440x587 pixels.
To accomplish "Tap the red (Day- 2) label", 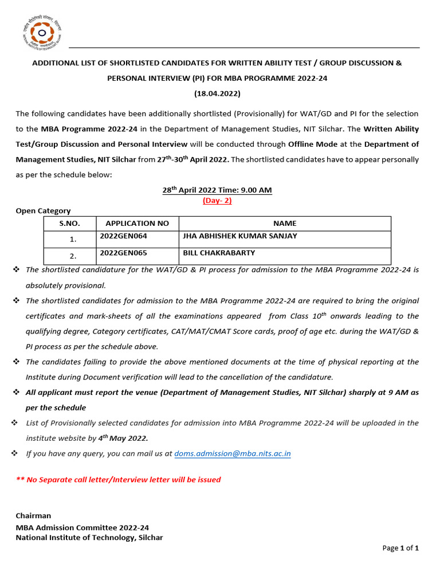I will pos(217,200).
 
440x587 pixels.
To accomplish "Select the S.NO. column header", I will pos(70,224).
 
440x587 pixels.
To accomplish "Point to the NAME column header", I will pos(285,224).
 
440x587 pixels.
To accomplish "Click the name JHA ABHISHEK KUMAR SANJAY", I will pos(240,236).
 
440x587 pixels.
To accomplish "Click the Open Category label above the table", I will pos(43,211).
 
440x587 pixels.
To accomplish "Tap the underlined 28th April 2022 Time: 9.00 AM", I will pos(217,190).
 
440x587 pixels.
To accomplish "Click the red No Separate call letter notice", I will pos(118,480).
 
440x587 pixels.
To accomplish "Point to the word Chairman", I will pos(33,516).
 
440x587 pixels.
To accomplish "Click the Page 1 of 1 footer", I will pos(400,548).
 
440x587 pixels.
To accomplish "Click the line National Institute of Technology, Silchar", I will pos(89,537).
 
